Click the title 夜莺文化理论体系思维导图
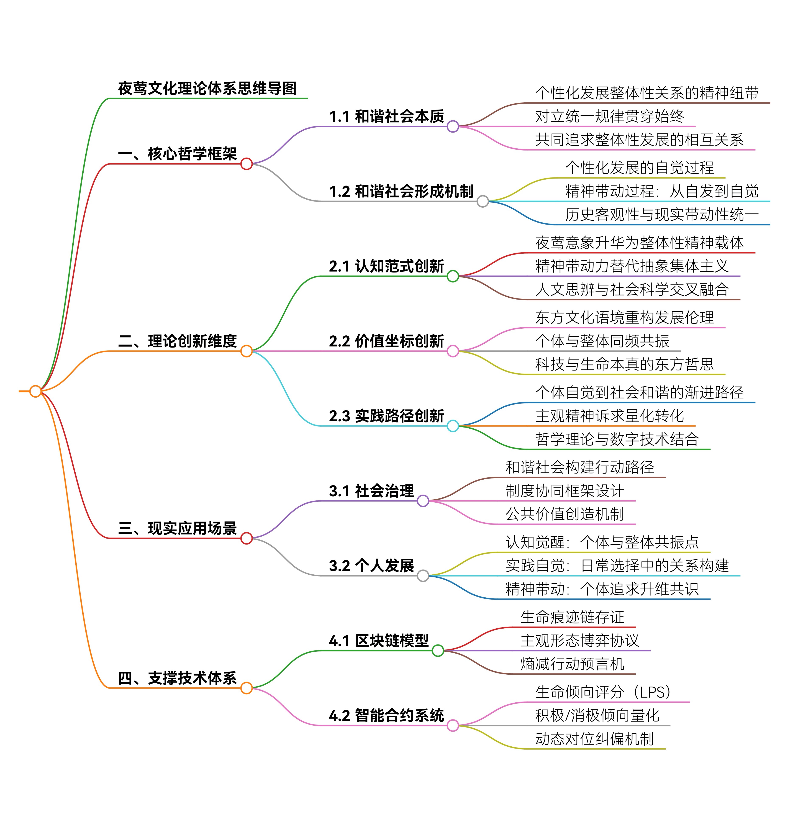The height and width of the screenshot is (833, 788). pos(207,89)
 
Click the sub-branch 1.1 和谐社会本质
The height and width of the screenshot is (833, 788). pos(386,116)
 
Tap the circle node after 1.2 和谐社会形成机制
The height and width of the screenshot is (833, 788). pos(483,201)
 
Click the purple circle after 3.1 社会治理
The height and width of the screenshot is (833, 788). pos(423,501)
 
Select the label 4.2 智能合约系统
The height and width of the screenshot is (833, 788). pos(386,715)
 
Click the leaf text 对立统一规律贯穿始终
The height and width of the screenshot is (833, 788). pos(609,116)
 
